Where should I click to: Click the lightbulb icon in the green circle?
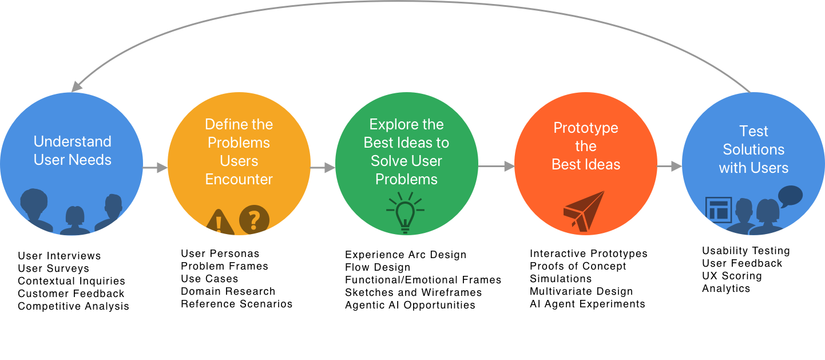click(405, 213)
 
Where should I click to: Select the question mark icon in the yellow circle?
click(254, 219)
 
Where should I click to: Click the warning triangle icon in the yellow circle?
click(220, 223)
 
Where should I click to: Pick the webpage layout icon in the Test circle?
click(719, 209)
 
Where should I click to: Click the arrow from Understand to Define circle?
click(155, 167)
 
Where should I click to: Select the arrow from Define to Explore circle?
click(323, 167)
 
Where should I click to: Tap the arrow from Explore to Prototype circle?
click(496, 167)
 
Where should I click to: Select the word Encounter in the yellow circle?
click(239, 179)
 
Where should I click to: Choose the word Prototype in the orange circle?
click(586, 128)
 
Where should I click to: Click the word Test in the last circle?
click(753, 131)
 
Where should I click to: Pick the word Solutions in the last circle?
click(753, 149)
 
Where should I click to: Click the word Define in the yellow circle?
click(223, 124)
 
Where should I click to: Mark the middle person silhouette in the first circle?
click(75, 220)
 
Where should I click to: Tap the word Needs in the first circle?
click(93, 160)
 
